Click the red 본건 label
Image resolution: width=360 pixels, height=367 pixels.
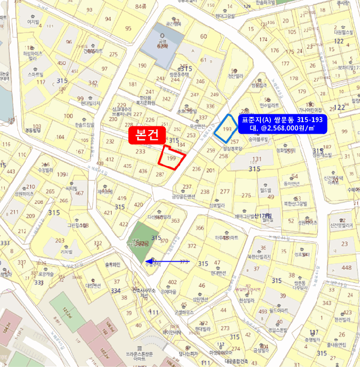point(147,135)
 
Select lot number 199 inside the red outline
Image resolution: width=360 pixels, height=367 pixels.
point(171,158)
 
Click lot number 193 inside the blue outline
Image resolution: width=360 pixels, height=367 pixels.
point(227,129)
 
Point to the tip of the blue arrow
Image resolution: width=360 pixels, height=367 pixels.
point(147,261)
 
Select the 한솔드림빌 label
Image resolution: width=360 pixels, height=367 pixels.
point(84,125)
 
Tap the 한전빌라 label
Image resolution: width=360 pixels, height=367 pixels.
point(341,319)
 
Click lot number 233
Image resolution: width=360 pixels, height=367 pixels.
point(140,152)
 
